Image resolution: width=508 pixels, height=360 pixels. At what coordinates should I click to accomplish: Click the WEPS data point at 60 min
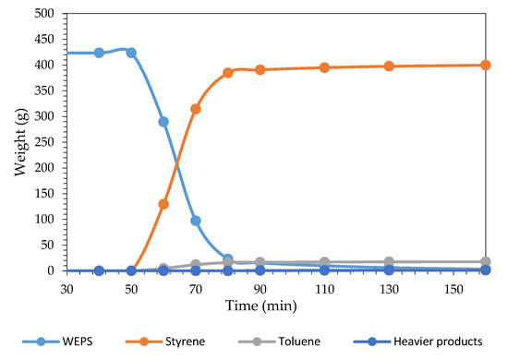163,122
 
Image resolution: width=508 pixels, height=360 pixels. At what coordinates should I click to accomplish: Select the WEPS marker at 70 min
196,221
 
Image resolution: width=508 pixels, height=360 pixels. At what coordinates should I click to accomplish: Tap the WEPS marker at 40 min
99,53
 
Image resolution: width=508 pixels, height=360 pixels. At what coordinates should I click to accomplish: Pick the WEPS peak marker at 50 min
131,53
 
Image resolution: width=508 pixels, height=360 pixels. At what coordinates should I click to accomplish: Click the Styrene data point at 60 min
163,204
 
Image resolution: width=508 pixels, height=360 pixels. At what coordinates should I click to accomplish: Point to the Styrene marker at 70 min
196,109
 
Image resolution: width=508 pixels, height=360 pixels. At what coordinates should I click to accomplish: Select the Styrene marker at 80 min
228,73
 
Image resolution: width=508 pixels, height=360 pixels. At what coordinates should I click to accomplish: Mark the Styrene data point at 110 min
324,67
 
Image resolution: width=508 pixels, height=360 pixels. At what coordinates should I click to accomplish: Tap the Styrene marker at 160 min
485,65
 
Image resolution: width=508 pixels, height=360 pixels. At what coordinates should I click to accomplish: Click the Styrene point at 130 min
389,66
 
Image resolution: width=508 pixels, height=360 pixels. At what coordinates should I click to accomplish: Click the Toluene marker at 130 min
389,262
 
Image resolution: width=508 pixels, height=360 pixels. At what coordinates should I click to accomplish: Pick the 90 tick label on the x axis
260,287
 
